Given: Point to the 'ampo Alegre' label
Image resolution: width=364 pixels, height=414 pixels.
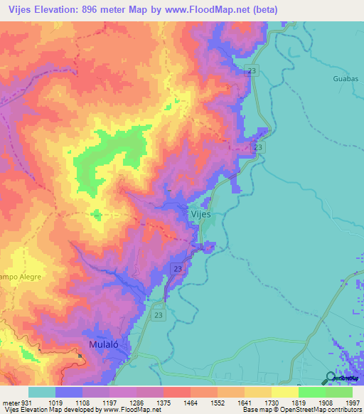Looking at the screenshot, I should click(21, 276).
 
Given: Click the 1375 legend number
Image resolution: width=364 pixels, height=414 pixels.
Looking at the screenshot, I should click(175, 402).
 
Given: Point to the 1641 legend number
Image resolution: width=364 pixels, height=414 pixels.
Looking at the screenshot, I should click(230, 402).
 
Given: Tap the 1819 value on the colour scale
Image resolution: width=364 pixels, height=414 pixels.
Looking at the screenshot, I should click(284, 402).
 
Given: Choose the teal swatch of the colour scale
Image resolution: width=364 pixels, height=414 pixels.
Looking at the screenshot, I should click(41, 392).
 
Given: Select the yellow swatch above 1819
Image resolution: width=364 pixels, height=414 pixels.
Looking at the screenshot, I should click(284, 392).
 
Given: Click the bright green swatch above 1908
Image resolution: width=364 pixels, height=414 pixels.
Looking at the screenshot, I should click(311, 392).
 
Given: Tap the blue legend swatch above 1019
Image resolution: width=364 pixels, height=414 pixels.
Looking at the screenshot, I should click(68, 392).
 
